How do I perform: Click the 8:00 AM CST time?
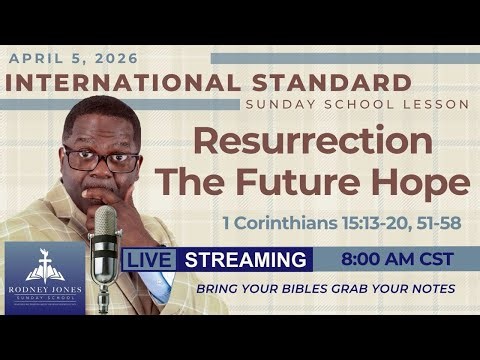397,259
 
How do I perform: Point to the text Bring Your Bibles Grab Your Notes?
325,288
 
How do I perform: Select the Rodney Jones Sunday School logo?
45,278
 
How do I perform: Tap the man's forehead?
101,128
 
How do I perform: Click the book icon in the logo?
45,264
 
